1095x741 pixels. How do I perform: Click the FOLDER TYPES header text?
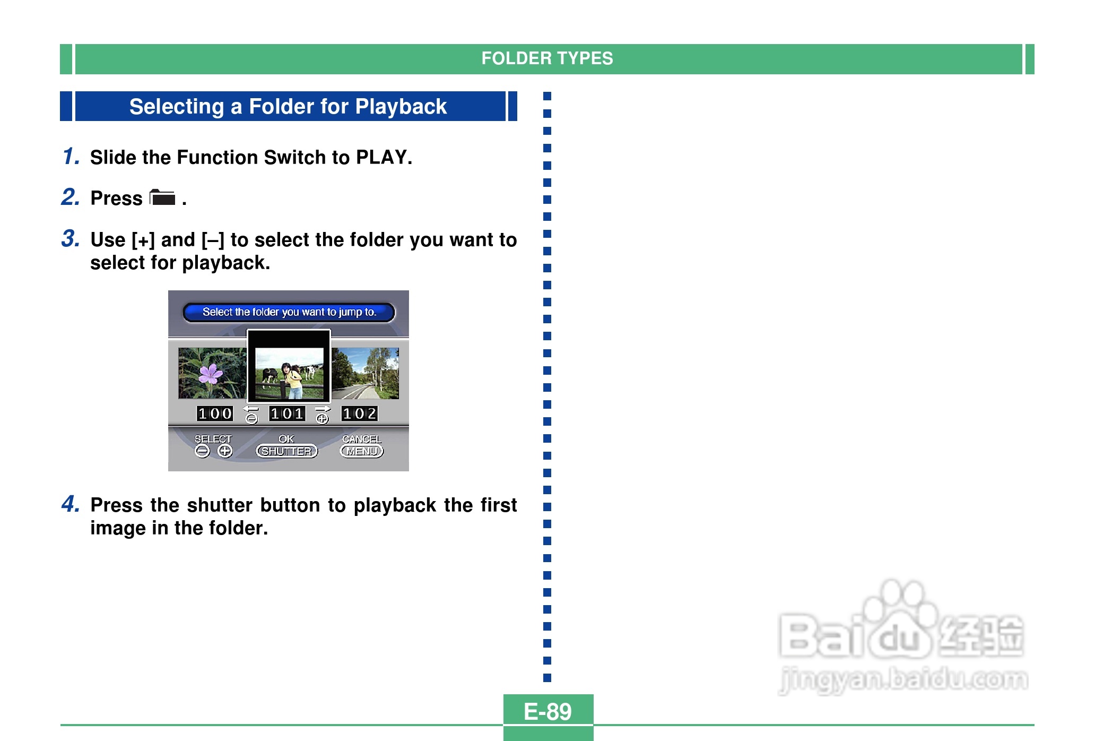(547, 58)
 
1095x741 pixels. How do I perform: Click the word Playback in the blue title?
(401, 107)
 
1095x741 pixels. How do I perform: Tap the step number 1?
(71, 156)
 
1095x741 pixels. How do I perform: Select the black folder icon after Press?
(162, 197)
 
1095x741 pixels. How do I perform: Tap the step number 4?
(70, 504)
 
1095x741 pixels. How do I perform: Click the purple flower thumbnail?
(212, 373)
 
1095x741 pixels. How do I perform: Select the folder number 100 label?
(215, 413)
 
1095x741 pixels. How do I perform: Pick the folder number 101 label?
(287, 413)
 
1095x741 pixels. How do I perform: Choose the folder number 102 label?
(359, 413)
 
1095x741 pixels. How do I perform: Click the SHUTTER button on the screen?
(287, 451)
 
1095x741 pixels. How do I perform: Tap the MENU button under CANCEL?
(362, 451)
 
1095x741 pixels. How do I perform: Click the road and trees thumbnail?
(366, 373)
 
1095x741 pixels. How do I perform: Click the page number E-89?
(547, 711)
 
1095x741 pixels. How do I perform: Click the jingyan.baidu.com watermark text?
(903, 680)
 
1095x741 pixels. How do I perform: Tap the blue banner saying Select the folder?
(289, 312)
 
